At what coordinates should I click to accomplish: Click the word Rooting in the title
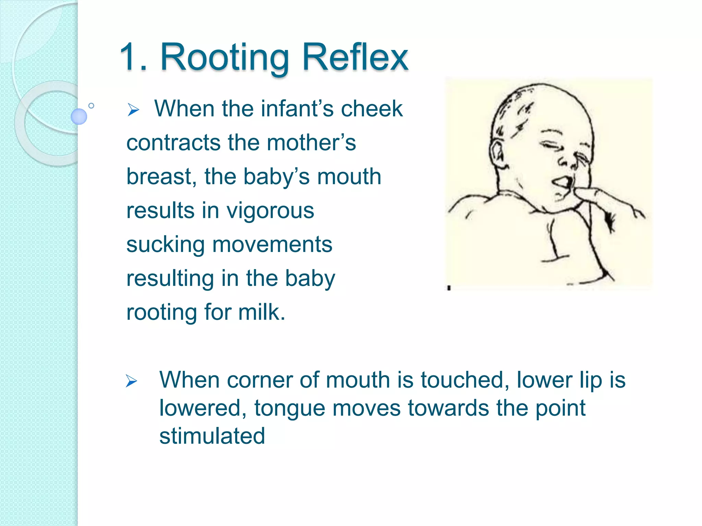[225, 58]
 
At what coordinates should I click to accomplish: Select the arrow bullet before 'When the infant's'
[133, 110]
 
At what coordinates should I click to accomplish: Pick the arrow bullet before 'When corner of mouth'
[131, 381]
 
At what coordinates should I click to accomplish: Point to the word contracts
[173, 143]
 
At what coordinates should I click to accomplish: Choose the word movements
[272, 245]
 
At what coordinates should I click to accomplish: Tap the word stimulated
[212, 436]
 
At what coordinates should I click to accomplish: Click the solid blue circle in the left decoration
[79, 116]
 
